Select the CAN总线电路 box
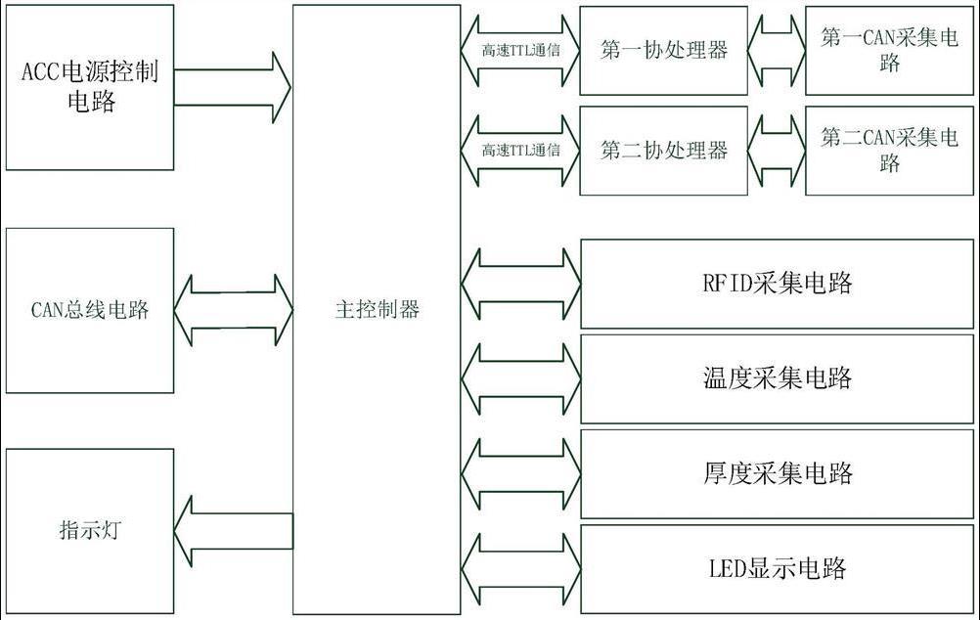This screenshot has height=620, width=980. (x=90, y=310)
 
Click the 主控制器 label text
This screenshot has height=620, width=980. (x=377, y=310)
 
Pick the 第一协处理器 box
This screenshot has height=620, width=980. (x=664, y=50)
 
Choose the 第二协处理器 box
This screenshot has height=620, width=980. (x=664, y=150)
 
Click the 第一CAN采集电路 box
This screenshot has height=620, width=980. (x=889, y=50)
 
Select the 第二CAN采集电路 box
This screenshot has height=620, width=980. (x=889, y=150)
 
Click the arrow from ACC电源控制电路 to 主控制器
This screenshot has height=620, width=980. (x=233, y=87)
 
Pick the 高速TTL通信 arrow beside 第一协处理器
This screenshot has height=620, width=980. (x=520, y=50)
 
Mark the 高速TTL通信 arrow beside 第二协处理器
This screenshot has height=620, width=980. (x=520, y=150)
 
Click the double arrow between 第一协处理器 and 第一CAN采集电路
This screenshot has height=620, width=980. (x=777, y=50)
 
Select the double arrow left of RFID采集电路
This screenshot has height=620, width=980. (x=520, y=284)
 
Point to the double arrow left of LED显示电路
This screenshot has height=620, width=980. (x=520, y=567)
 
